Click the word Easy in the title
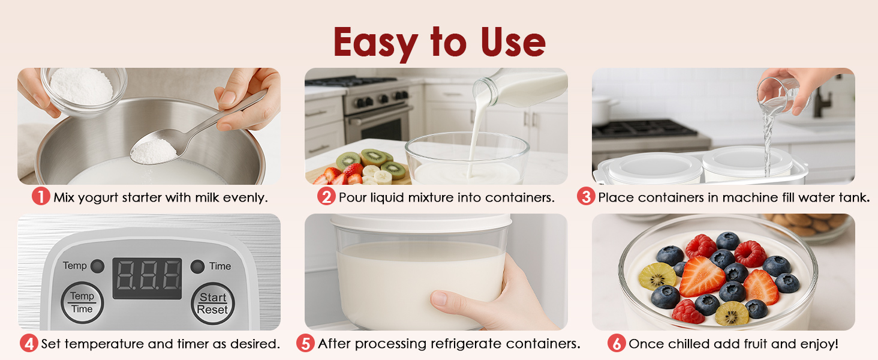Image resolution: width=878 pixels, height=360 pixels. pos(375,43)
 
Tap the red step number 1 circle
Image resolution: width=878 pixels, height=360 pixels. pos(41,197)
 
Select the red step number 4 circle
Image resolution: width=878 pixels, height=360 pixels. pos(29,344)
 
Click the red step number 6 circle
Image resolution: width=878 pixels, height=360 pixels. pos(617,344)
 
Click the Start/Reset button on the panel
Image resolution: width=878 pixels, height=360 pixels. pos(213,303)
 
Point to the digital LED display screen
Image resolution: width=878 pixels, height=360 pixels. pos(148,278)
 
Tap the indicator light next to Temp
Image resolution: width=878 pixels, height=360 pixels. pos(98,266)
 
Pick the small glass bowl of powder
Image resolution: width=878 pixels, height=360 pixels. pos(83,90)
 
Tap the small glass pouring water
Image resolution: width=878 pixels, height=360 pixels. pos(777,95)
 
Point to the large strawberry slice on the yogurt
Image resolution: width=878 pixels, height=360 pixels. pos(702,275)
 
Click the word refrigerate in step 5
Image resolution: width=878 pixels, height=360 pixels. pos(467,344)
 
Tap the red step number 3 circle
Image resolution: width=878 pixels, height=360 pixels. pos(586,197)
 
